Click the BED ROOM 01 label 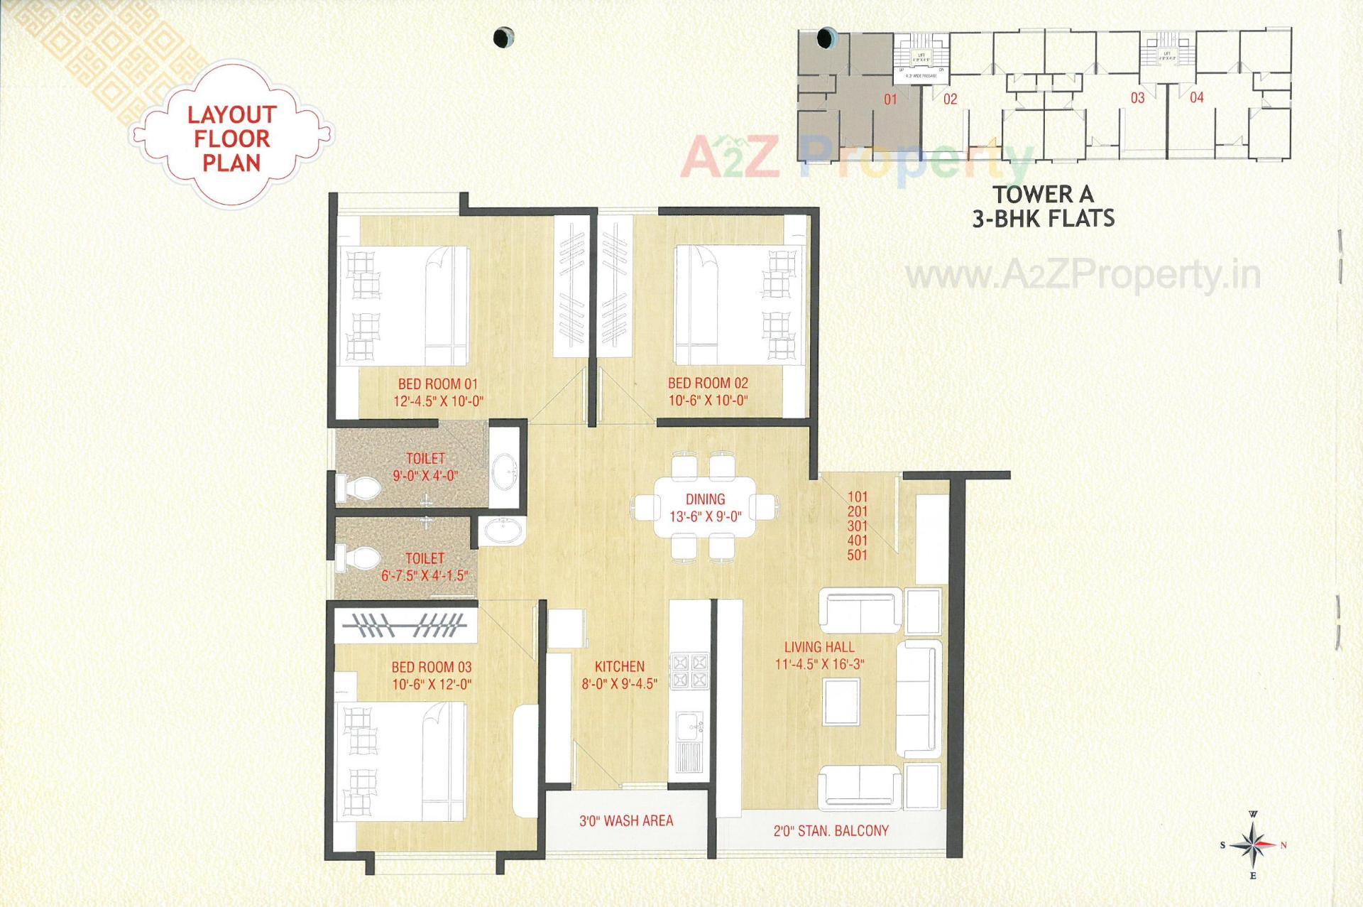(x=437, y=384)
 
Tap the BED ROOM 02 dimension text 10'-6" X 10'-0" (x=708, y=401)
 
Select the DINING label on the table (x=705, y=499)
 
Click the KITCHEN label (x=620, y=666)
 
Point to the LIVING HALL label (x=819, y=647)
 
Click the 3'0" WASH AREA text (x=626, y=821)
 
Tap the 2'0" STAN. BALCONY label (x=831, y=830)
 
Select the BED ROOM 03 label (x=432, y=667)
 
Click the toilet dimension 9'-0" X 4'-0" (x=425, y=476)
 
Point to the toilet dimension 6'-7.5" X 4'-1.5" (x=425, y=576)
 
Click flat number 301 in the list (x=857, y=526)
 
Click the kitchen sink (x=689, y=726)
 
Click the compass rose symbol (x=1254, y=845)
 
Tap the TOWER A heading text (x=1043, y=194)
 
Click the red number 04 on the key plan (x=1197, y=97)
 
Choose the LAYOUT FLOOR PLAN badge (x=231, y=139)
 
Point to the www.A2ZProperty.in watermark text (x=1083, y=276)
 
